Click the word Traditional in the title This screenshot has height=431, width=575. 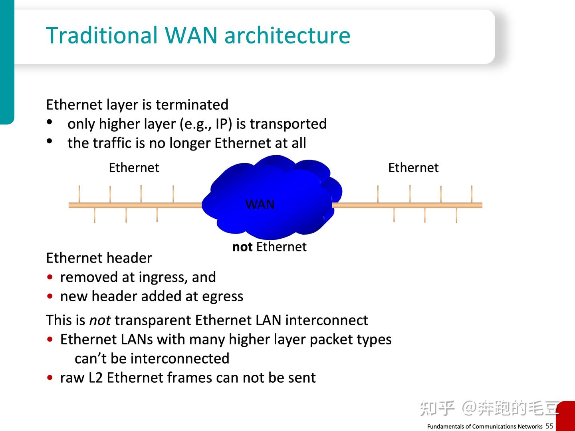pos(102,35)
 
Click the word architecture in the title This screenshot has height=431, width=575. pos(287,35)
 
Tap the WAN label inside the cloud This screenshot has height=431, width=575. pos(260,204)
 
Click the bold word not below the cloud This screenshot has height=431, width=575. pos(242,247)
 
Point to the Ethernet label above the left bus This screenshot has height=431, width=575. pos(134,168)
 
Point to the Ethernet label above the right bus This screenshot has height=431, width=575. pos(413,168)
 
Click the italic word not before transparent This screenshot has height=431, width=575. pos(100,320)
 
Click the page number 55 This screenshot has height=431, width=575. pos(549,426)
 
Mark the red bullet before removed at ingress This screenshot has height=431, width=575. pos(50,277)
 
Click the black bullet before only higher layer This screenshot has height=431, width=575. pos(50,122)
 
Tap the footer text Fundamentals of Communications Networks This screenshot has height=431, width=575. pos(485,426)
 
